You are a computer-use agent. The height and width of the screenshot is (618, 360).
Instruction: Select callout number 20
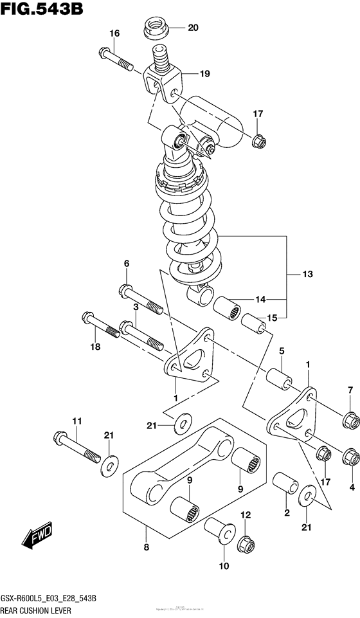[193, 28]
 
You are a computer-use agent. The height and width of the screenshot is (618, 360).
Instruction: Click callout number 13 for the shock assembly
[307, 275]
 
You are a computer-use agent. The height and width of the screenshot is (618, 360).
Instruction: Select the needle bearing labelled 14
[231, 305]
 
